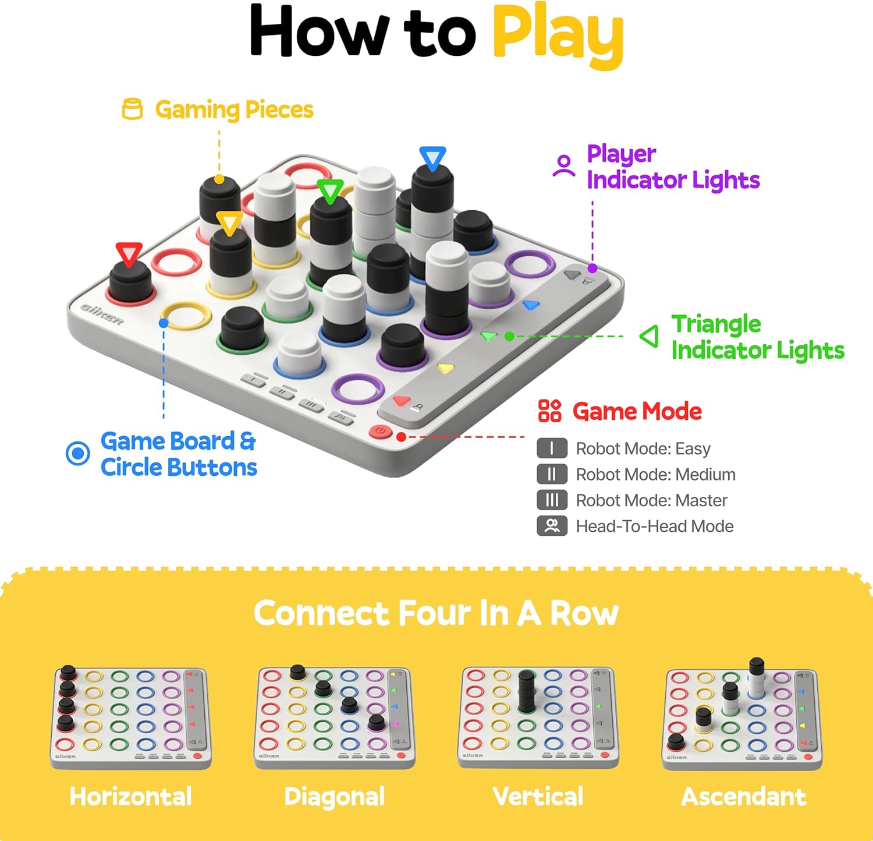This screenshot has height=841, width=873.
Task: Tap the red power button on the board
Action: tap(380, 432)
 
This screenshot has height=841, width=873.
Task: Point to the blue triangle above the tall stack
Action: tap(432, 158)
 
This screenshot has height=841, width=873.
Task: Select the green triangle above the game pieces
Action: tap(330, 191)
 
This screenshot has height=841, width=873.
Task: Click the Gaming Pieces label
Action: tap(234, 109)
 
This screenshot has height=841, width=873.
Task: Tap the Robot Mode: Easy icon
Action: tap(552, 448)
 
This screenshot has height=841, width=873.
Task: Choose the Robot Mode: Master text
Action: tap(651, 500)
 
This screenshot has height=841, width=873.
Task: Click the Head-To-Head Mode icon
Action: tap(552, 526)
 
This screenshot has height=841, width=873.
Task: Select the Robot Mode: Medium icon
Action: tap(552, 474)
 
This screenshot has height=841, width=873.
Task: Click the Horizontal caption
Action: tap(130, 796)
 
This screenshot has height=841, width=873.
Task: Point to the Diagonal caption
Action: tap(334, 796)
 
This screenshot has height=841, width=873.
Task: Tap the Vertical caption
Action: tap(538, 796)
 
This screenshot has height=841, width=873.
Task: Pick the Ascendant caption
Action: tap(743, 796)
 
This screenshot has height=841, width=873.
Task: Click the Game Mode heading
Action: tap(637, 411)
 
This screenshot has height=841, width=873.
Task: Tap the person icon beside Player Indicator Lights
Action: tap(563, 165)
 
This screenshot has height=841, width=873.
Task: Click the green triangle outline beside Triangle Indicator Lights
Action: tap(650, 336)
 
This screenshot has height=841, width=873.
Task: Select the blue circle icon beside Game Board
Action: tap(78, 453)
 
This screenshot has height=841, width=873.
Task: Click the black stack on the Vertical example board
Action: tap(526, 691)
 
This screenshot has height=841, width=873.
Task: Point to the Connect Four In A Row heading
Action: tap(436, 613)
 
